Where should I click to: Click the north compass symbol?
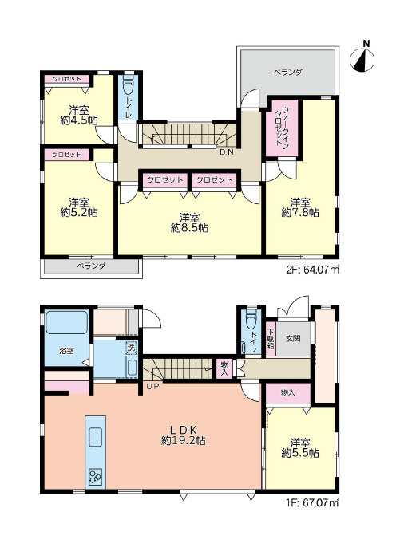pos(362,60)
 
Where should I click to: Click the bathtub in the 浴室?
pos(66,322)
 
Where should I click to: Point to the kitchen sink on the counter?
pos(95,436)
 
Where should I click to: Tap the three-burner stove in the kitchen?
pos(95,477)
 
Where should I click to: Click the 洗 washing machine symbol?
pos(131,348)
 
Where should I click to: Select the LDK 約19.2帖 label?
pos(184,435)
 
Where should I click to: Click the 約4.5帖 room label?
pos(79,116)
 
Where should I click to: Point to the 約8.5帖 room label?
pos(189,222)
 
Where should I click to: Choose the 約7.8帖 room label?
pos(300,207)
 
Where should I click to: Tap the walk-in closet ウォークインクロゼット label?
pos(281,127)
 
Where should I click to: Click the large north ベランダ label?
pos(287,73)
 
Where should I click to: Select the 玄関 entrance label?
pos(293,339)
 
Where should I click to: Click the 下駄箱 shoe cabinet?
pos(271,339)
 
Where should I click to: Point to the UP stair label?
pos(153,387)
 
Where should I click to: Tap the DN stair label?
pos(227,152)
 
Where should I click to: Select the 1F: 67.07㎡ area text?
pos(312,503)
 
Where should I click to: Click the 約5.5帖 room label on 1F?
pos(300,447)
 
